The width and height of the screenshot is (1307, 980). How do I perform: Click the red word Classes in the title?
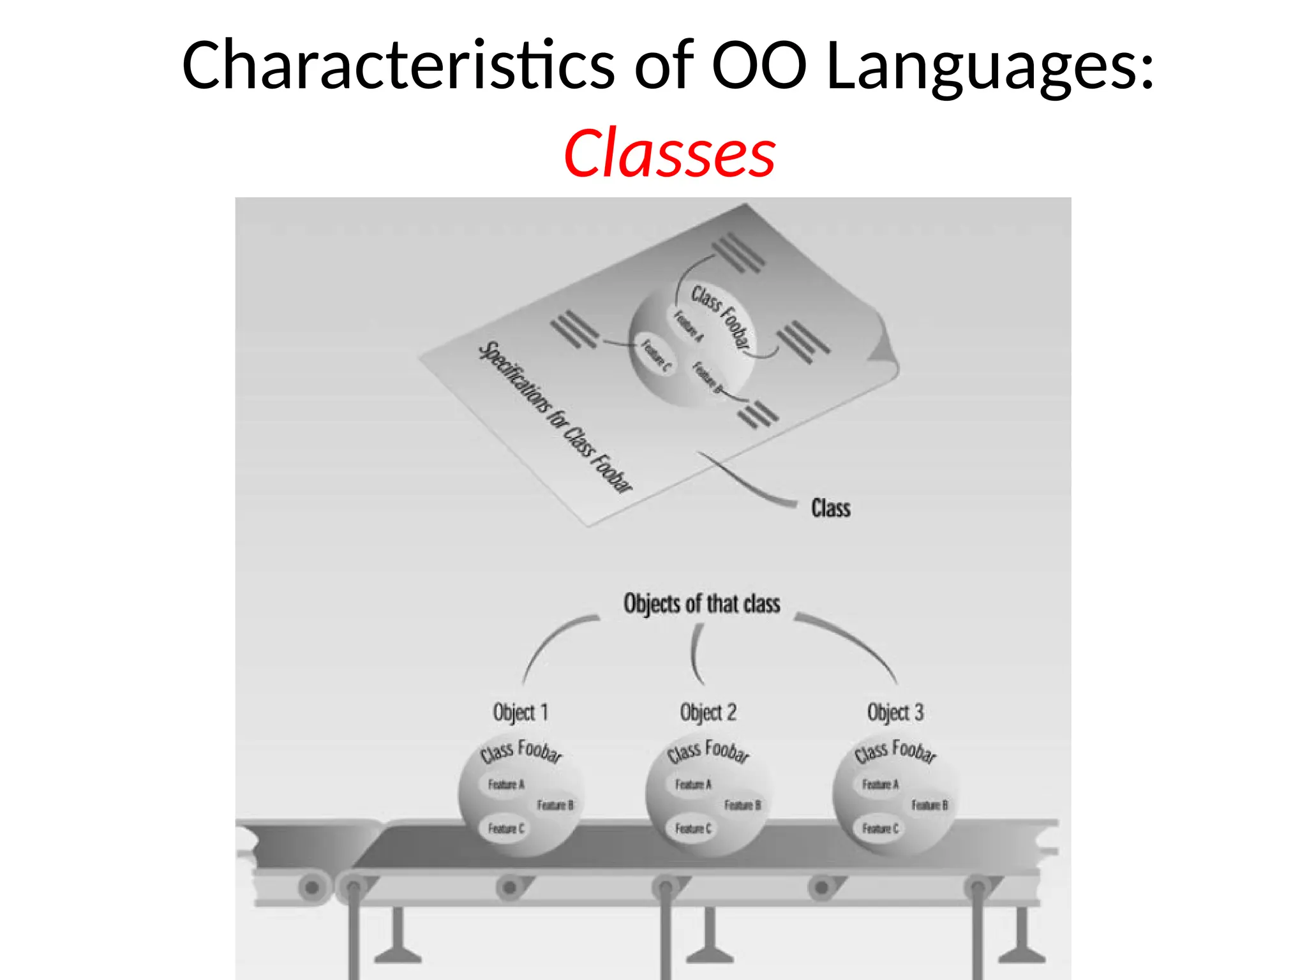[669, 154]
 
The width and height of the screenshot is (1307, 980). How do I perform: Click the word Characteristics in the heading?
[398, 65]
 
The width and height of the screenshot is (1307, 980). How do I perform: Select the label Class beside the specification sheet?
[830, 509]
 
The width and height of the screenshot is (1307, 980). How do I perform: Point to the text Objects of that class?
[701, 604]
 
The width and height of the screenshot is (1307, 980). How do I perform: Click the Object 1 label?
[520, 712]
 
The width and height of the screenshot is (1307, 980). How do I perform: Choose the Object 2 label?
[708, 712]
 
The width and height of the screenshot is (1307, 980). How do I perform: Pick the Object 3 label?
[895, 712]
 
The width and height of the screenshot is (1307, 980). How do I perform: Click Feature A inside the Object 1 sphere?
[506, 784]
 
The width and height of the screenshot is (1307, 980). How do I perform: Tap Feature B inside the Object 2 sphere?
[742, 805]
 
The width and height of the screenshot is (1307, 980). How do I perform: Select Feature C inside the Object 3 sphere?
[880, 828]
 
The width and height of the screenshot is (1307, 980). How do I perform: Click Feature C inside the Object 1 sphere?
[506, 828]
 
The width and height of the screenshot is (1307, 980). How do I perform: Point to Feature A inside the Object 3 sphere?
[880, 784]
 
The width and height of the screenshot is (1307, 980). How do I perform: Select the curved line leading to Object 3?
[855, 641]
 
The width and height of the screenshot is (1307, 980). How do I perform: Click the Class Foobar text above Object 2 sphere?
[708, 751]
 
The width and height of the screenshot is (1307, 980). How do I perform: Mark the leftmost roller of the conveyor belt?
[312, 887]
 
